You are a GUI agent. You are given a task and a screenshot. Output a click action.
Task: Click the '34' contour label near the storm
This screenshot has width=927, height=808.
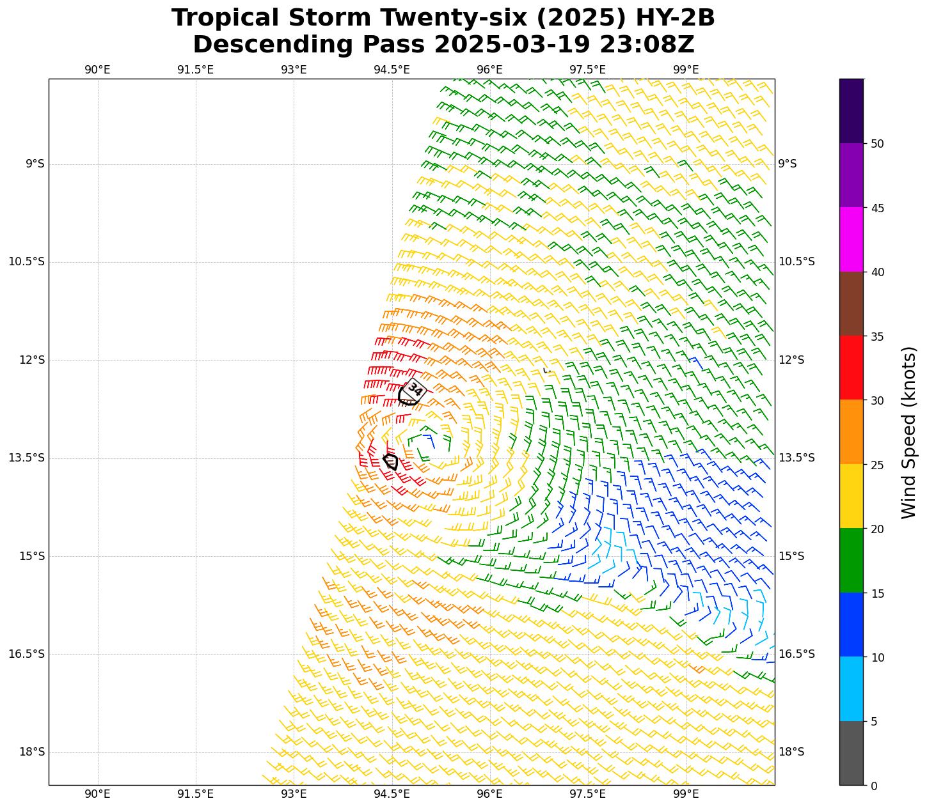tap(415, 389)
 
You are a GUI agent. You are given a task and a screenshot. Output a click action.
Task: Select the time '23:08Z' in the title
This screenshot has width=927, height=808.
tap(647, 45)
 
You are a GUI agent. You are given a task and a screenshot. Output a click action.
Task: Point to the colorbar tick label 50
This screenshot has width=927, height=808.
tap(877, 144)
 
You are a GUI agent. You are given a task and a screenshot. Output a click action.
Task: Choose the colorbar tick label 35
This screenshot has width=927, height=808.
tap(877, 337)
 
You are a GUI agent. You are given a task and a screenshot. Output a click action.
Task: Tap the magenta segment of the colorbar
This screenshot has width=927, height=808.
tap(851, 239)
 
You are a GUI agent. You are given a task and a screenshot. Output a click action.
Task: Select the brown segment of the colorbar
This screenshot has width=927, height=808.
tap(851, 304)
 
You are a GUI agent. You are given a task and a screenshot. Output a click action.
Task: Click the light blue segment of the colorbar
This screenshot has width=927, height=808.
tap(851, 689)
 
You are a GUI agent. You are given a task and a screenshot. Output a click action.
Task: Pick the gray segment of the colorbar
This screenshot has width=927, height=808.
tap(851, 754)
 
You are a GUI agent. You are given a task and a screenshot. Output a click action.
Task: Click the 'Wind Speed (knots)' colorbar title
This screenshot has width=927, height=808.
tap(908, 433)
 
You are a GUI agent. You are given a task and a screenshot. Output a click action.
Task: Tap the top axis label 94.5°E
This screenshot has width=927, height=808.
tap(392, 69)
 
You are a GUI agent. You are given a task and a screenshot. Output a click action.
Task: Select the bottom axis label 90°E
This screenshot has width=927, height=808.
tap(97, 794)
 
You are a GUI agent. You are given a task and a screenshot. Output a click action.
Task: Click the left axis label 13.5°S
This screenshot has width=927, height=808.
tap(26, 458)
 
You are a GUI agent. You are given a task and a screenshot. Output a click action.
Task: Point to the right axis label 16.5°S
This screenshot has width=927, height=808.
tap(796, 654)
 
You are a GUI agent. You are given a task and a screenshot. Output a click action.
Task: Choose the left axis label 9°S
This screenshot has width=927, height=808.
tap(35, 164)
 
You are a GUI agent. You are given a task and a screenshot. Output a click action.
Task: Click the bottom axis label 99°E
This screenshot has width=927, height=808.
tap(686, 794)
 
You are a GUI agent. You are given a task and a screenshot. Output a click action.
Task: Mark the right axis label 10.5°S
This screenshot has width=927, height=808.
tap(796, 262)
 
